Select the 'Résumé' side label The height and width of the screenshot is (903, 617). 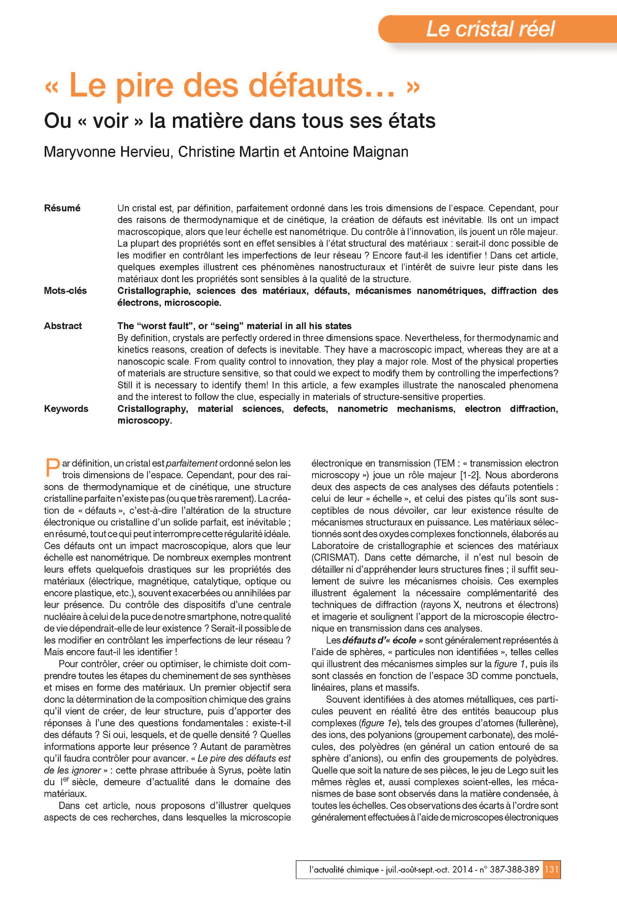[x=62, y=208]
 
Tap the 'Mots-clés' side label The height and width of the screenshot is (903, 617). [x=65, y=291]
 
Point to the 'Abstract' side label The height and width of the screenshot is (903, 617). [x=63, y=326]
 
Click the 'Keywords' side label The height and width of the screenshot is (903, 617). [x=66, y=409]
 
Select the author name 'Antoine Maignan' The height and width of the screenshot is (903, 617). [x=354, y=152]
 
